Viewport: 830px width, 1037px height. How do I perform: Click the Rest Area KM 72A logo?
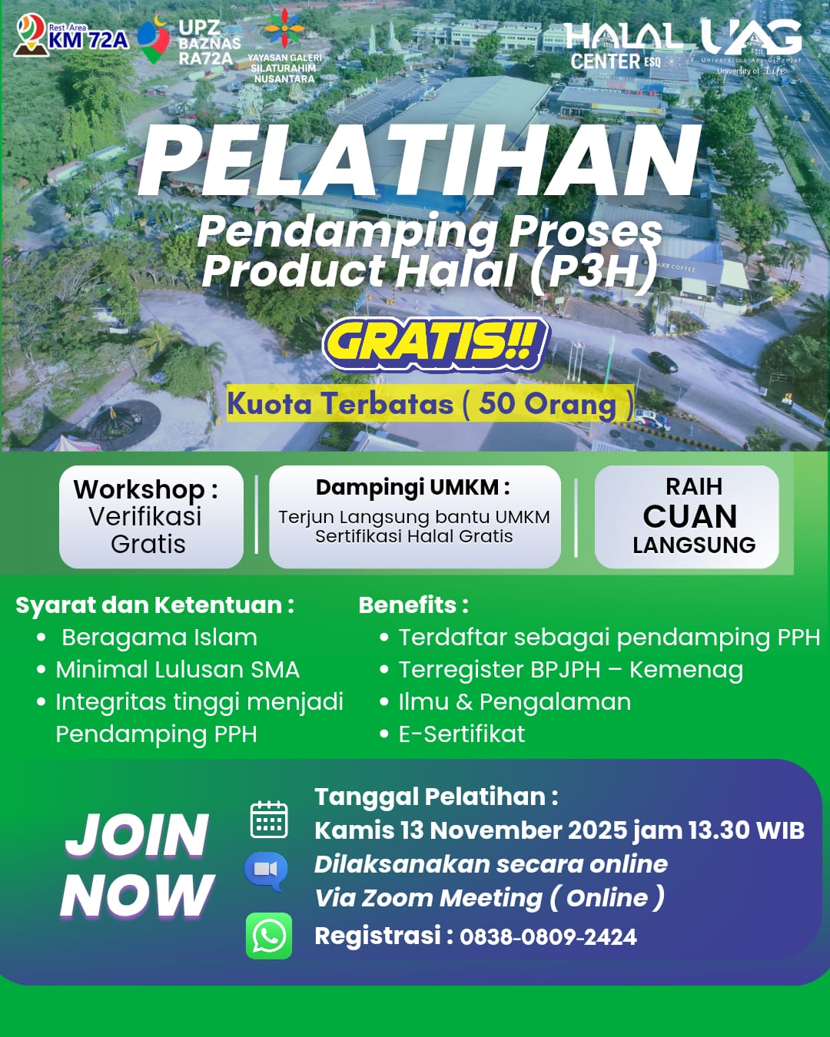click(x=71, y=36)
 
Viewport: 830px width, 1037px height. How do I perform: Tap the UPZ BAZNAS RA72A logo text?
click(x=208, y=43)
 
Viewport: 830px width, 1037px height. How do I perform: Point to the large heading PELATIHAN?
click(x=420, y=162)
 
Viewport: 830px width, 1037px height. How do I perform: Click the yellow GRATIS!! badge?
click(x=436, y=343)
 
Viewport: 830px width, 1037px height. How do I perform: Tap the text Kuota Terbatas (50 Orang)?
click(x=430, y=404)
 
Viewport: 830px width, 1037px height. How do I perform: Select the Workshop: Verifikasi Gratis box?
click(x=151, y=516)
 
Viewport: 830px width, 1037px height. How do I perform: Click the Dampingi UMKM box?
click(x=414, y=516)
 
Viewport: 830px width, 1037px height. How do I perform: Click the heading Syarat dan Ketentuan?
click(x=154, y=605)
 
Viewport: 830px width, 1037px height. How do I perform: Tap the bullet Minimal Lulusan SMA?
click(x=177, y=670)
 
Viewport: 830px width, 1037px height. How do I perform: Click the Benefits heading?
click(x=413, y=605)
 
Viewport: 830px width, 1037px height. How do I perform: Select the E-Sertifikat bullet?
click(x=461, y=734)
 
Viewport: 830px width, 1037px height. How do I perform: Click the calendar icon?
click(x=269, y=820)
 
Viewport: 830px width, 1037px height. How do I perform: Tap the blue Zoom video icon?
click(x=266, y=870)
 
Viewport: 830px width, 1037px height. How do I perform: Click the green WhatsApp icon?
click(x=269, y=936)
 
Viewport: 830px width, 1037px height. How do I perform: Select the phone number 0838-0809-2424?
click(x=548, y=937)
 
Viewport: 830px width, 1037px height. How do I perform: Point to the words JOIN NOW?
click(x=137, y=865)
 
